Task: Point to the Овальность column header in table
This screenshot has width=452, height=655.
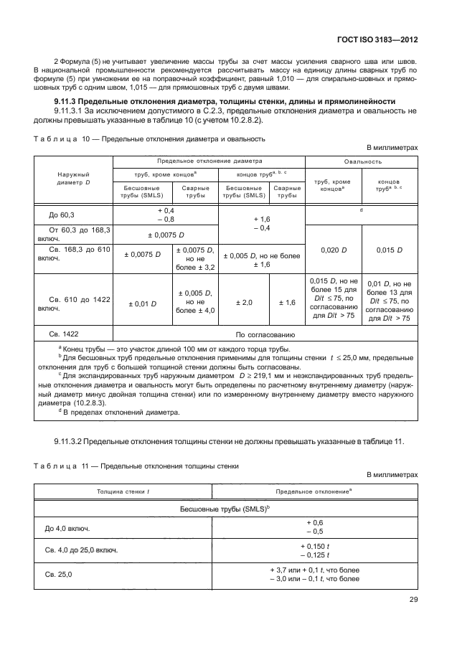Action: [362, 161]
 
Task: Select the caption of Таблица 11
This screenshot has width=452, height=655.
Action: [136, 466]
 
